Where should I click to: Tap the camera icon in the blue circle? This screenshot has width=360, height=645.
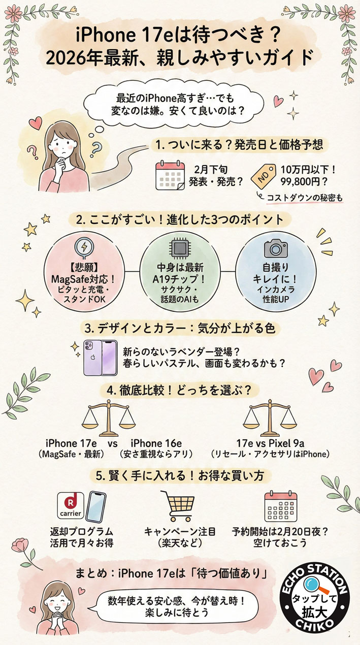276,248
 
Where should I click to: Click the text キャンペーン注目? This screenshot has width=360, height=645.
180,531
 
